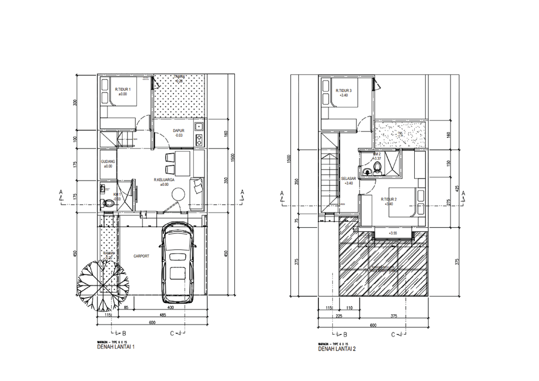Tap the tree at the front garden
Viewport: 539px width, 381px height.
103,279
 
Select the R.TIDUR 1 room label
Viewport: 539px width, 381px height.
123,89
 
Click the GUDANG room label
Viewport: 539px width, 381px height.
108,162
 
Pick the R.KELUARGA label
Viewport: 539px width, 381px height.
164,180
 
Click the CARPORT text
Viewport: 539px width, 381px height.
141,256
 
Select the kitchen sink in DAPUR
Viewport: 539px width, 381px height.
199,126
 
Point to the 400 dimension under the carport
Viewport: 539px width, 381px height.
170,307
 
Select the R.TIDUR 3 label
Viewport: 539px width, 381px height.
344,91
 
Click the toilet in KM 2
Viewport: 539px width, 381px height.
377,168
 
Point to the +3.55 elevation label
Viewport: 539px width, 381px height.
393,233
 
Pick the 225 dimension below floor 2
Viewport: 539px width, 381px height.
339,317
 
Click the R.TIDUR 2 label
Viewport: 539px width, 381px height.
388,199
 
